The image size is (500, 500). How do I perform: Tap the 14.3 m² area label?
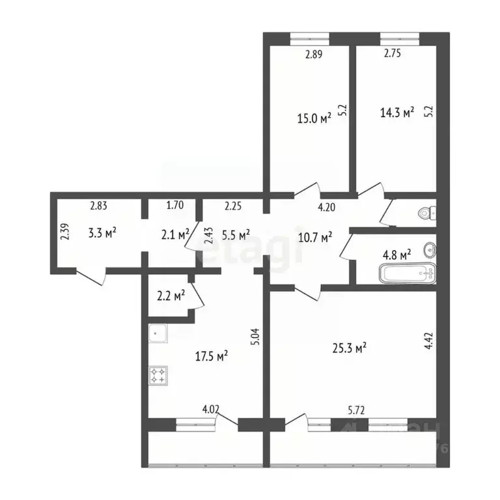(397, 113)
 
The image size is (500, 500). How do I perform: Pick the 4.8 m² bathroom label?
(396, 255)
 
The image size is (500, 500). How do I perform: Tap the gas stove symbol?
(158, 375)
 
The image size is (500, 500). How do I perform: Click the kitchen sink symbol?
(158, 334)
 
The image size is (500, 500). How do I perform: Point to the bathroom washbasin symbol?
(430, 249)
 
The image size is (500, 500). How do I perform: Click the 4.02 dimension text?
(210, 410)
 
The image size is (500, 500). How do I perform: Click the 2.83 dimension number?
(98, 206)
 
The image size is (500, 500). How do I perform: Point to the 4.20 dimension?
(326, 208)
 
